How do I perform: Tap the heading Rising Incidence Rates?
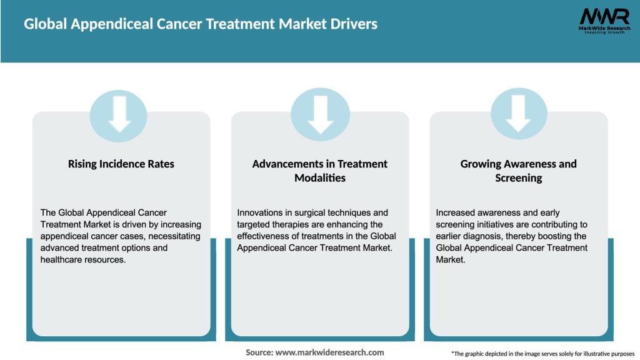[x=121, y=164]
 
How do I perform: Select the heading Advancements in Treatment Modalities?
[x=320, y=171]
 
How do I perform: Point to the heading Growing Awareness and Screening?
[x=518, y=171]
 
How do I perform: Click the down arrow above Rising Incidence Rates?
[x=119, y=116]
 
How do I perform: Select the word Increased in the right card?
[x=457, y=213]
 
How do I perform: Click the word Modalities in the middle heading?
[x=320, y=177]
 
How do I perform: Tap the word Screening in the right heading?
[x=518, y=177]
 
